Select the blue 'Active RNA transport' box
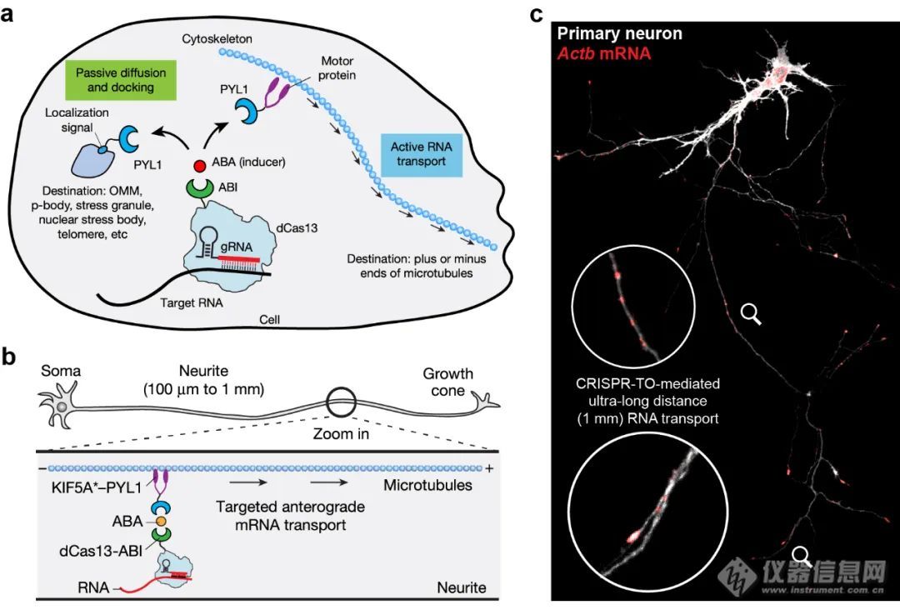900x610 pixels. [421, 154]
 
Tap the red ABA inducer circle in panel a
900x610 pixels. [200, 167]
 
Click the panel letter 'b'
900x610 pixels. [9, 357]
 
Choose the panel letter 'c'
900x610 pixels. [537, 13]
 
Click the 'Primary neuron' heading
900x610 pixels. [619, 35]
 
